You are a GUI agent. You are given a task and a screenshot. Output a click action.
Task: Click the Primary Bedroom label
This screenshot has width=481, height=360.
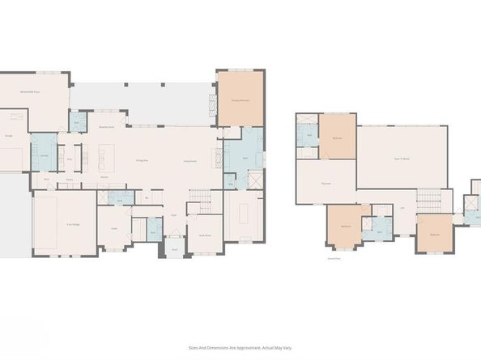click(x=240, y=101)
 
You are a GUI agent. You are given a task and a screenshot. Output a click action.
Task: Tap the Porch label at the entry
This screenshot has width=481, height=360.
click(x=173, y=250)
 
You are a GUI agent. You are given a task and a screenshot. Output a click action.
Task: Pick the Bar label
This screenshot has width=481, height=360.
click(x=147, y=197)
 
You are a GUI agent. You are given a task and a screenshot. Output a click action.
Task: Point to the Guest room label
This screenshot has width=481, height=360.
click(x=114, y=228)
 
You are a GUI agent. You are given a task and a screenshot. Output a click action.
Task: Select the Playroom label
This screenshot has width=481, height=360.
click(x=326, y=184)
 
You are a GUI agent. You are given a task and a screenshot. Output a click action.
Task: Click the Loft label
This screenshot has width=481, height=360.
click(x=402, y=208)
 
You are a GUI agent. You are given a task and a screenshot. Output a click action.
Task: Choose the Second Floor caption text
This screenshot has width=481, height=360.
click(x=333, y=260)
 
